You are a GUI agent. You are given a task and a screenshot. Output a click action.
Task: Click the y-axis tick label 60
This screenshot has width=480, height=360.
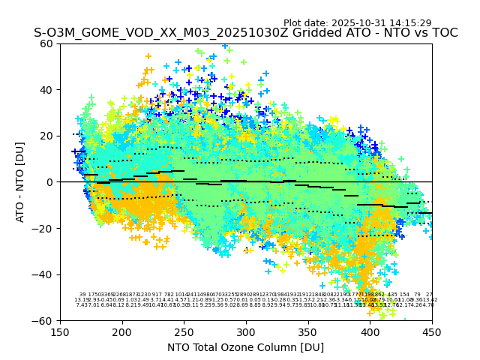pyautogui.click(x=47, y=43)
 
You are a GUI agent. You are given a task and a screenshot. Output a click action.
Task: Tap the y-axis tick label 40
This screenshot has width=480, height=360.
pyautogui.click(x=47, y=90)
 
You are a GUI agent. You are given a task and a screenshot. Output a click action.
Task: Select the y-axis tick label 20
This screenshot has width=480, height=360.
pyautogui.click(x=47, y=136)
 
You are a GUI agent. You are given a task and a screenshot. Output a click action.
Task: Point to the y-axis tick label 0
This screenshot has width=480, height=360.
pyautogui.click(x=50, y=182)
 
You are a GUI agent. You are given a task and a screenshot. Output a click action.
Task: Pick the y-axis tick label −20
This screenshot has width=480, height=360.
pyautogui.click(x=44, y=228)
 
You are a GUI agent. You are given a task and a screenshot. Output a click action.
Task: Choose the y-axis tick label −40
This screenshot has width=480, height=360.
pyautogui.click(x=44, y=274)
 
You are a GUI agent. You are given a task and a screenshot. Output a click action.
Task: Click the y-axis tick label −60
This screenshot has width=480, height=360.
pyautogui.click(x=44, y=320)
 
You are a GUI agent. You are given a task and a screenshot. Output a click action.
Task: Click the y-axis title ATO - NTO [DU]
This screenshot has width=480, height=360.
pyautogui.click(x=21, y=182)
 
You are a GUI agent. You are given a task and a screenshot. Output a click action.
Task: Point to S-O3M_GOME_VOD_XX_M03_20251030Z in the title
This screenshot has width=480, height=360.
pyautogui.click(x=139, y=33)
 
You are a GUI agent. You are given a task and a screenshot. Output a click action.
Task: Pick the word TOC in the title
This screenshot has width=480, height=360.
pyautogui.click(x=444, y=33)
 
